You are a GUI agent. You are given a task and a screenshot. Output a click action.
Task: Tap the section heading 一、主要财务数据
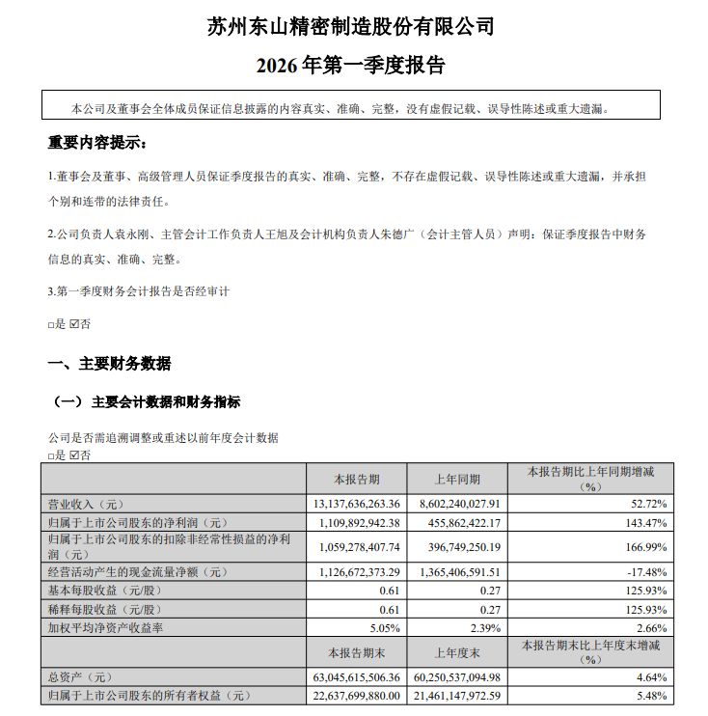(x=110, y=364)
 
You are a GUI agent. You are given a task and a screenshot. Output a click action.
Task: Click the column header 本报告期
(x=357, y=479)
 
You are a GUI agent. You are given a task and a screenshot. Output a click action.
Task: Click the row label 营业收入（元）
(x=88, y=503)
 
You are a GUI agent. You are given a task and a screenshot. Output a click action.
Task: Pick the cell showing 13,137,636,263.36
(x=356, y=503)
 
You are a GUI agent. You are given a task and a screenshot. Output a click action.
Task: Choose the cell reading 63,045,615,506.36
(x=356, y=677)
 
